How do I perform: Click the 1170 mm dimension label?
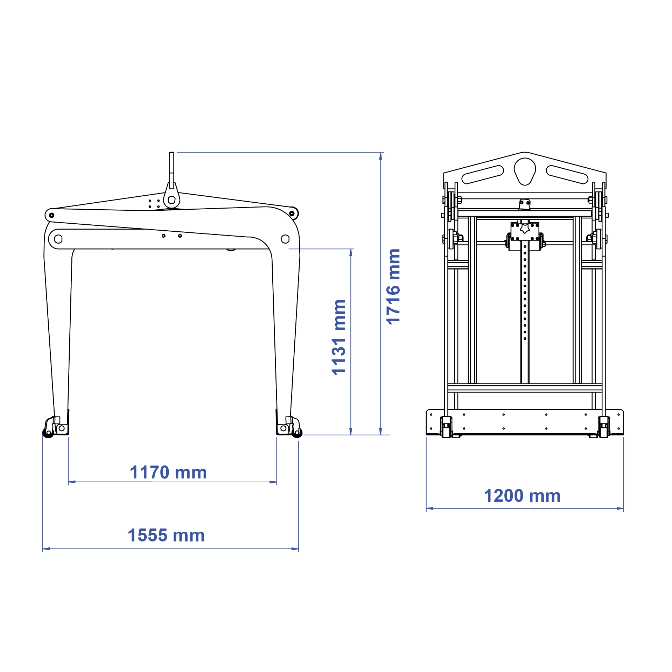168,472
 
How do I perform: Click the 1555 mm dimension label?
166,535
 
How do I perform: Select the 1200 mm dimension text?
522,496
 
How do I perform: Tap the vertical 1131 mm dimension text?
339,337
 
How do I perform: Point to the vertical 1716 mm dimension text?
393,287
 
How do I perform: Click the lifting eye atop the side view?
171,200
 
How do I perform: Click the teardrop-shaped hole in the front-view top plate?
525,170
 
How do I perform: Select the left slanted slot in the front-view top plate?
483,174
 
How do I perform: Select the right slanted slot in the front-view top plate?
567,174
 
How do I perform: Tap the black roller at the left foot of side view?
48,433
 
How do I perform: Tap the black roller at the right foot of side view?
297,433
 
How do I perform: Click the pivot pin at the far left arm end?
51,215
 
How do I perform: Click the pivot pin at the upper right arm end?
292,213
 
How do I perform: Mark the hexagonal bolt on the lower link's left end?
58,239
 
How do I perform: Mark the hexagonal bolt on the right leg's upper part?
285,239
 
